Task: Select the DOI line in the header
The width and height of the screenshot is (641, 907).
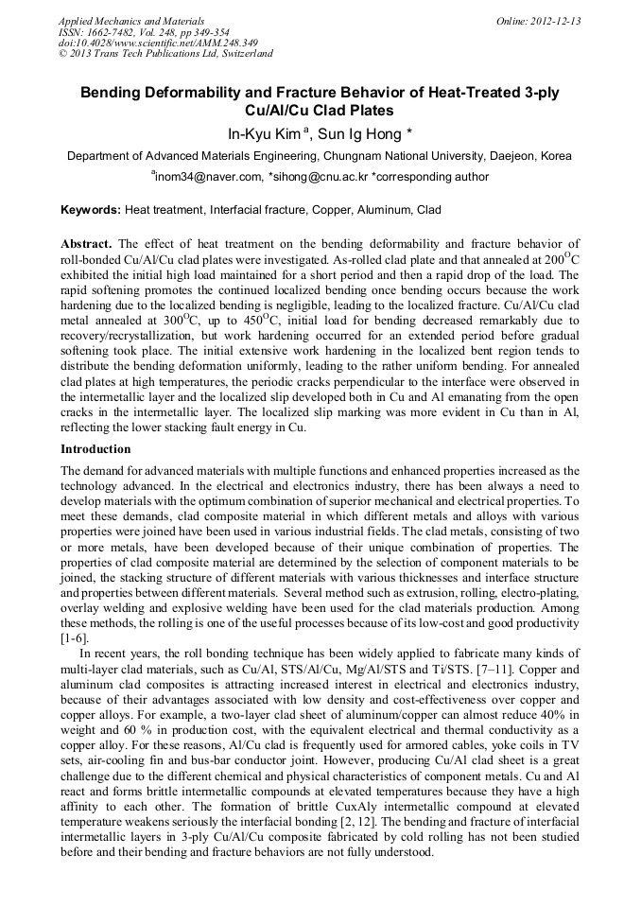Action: [x=158, y=43]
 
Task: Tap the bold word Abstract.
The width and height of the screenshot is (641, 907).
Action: [x=87, y=243]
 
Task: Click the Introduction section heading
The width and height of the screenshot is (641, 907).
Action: [x=95, y=448]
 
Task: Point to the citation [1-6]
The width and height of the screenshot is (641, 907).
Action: [x=76, y=639]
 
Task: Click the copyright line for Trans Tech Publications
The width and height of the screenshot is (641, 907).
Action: [x=165, y=54]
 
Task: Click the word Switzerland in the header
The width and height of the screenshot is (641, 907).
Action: [x=244, y=54]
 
